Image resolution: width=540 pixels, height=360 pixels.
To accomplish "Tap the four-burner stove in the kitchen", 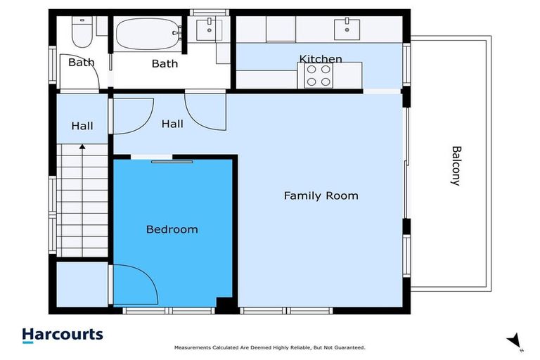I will click(x=319, y=75).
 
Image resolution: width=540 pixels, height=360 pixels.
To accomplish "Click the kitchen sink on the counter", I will click(x=346, y=29).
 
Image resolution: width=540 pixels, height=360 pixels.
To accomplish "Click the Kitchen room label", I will click(x=321, y=59).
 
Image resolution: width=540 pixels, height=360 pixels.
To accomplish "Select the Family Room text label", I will click(x=321, y=195).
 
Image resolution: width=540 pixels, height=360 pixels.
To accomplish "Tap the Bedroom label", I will click(x=172, y=229).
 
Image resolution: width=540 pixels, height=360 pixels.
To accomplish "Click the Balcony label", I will click(x=456, y=165).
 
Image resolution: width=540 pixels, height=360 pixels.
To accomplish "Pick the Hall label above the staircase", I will click(x=82, y=127).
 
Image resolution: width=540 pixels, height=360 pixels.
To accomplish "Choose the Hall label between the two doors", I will click(x=172, y=124).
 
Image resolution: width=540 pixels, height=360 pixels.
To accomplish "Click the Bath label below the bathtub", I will click(x=165, y=64).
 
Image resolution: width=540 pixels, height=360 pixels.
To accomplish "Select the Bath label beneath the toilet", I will click(x=81, y=63).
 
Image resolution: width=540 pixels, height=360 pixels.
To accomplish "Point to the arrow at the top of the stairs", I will click(x=82, y=147).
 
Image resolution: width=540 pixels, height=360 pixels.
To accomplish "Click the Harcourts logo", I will click(x=63, y=335).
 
